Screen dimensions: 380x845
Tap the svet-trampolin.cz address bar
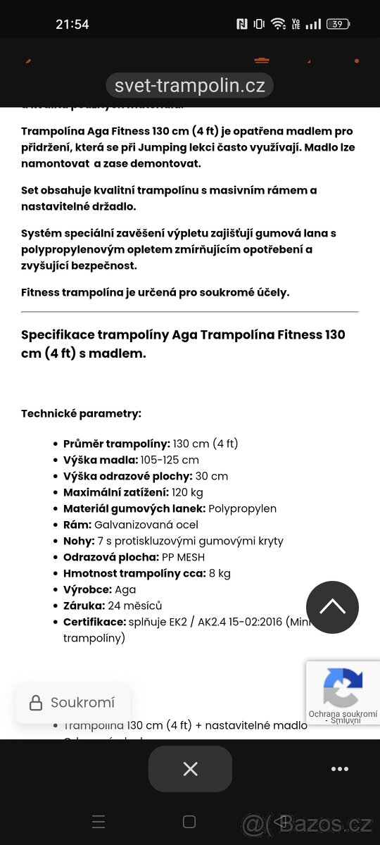[x=189, y=86]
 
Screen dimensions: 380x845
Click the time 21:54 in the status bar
[x=72, y=24]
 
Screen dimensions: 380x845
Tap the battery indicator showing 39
[x=338, y=24]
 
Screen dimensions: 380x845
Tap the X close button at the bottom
[x=190, y=769]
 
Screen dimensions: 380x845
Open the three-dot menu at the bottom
[x=340, y=769]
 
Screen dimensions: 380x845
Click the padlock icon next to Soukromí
[x=35, y=703]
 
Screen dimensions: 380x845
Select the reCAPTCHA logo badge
[x=343, y=688]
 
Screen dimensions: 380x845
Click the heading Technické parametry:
[x=81, y=413]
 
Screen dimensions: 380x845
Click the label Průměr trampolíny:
[x=117, y=444]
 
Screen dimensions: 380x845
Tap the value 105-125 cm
[x=170, y=460]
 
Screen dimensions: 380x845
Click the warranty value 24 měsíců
[x=134, y=606]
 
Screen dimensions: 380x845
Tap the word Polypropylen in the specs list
[x=243, y=508]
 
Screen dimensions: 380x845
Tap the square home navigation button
[x=189, y=822]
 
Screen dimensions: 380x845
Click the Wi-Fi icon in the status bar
[x=279, y=24]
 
